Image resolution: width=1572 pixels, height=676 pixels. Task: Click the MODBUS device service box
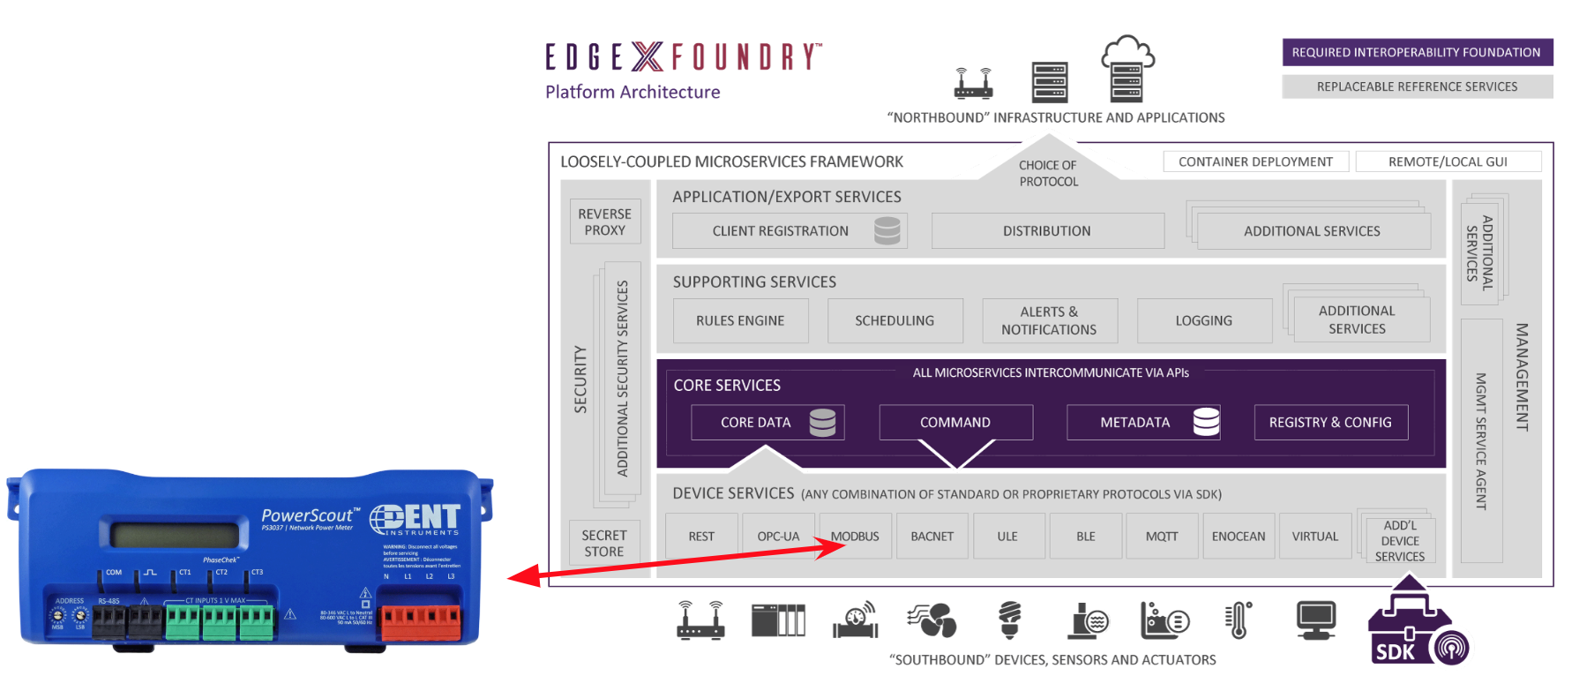855,536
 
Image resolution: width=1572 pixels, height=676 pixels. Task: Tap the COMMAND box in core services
955,422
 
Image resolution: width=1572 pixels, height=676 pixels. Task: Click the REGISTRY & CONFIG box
1330,422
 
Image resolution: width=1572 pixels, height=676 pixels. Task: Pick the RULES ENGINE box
740,320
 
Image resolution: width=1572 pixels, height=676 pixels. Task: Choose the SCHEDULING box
895,320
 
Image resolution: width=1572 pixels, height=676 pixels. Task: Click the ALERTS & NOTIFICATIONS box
1049,320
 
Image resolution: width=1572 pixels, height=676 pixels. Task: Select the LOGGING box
1204,320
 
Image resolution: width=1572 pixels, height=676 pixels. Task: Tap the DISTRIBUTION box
1047,230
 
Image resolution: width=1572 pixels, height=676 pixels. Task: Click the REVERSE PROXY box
604,222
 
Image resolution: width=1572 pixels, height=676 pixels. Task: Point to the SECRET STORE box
604,543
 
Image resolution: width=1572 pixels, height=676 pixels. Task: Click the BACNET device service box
932,536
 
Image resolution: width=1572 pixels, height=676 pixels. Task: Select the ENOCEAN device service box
1239,536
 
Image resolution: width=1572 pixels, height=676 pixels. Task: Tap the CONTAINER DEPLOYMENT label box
1255,161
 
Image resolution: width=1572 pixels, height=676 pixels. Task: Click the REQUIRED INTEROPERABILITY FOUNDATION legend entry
1417,52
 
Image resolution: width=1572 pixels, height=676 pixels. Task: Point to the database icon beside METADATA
1206,422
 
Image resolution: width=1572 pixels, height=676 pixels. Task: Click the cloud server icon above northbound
1127,68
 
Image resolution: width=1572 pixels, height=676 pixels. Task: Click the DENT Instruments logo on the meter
415,519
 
